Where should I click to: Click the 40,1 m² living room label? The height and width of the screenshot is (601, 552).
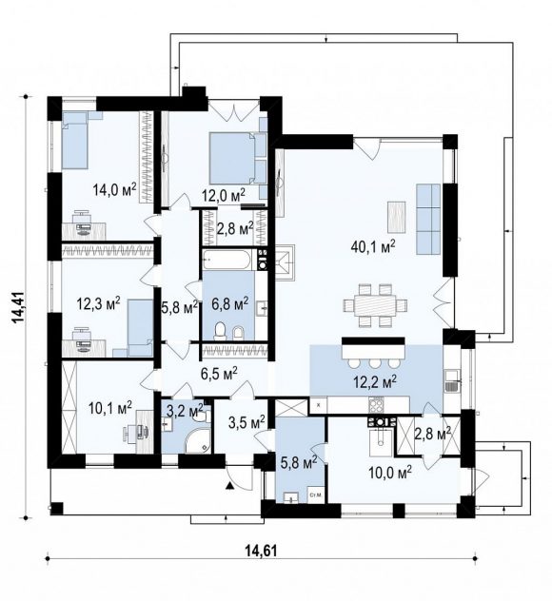point(373,247)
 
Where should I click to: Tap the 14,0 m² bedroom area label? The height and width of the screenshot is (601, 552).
point(114,189)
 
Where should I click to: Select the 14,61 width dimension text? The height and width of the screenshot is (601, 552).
point(261,551)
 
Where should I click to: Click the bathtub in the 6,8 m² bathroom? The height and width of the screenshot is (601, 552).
point(227,260)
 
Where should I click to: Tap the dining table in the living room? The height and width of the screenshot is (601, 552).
point(375,305)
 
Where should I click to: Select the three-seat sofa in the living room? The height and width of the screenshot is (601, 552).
point(428,220)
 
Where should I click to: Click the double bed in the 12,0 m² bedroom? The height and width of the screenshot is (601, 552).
point(237,158)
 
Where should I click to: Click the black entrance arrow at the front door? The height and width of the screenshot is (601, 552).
point(229,486)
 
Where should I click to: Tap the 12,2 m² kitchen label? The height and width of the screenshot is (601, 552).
point(375,381)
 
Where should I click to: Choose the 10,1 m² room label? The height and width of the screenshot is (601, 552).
point(109,408)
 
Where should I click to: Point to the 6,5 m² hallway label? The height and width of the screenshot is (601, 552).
point(219,372)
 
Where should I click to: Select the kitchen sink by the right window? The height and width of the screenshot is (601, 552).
point(452,381)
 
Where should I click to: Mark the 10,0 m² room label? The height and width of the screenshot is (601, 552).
point(390,473)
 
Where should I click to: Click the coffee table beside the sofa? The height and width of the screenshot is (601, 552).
point(396,217)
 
